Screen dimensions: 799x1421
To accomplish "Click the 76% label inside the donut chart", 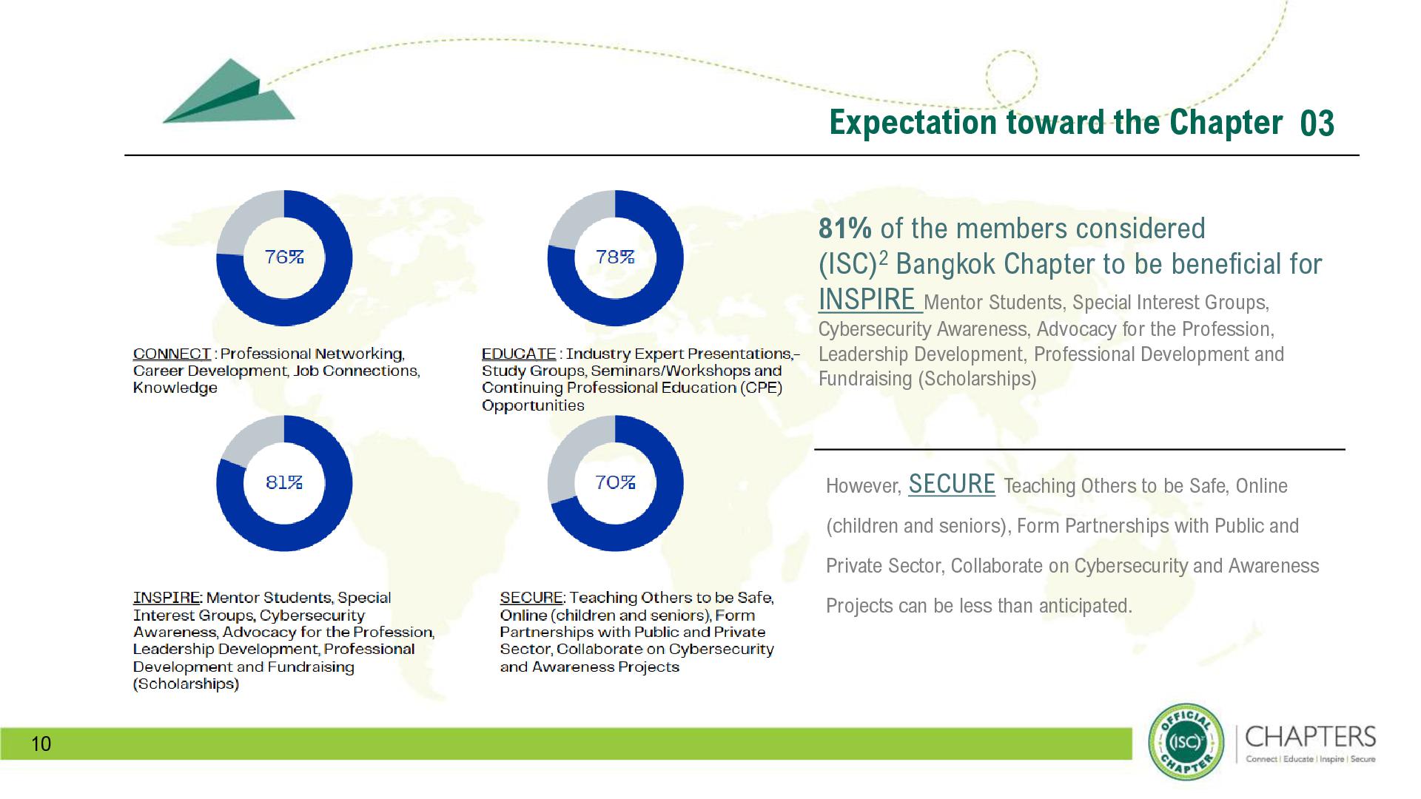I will pos(284,257).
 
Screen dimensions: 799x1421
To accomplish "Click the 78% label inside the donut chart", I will pos(615,257).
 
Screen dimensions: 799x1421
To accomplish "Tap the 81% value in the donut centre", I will pos(284,482).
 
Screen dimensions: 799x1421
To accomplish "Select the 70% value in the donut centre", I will pos(615,482).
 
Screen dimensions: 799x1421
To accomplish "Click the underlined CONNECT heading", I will pos(172,354).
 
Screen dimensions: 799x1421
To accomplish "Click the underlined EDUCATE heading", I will pos(518,354).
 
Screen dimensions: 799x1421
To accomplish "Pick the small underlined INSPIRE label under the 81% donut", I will pos(167,597).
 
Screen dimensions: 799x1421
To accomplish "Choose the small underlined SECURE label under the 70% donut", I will pos(531,597).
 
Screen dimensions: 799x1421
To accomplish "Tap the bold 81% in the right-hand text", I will pos(844,229).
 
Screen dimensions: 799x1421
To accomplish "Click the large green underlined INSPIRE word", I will pos(867,300).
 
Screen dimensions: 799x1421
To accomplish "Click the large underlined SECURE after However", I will pos(951,484).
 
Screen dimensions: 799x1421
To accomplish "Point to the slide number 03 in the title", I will pos(1317,124).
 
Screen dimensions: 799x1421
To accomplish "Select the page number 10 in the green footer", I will pos(41,744).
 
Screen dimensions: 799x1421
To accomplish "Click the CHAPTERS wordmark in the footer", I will pos(1310,737).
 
